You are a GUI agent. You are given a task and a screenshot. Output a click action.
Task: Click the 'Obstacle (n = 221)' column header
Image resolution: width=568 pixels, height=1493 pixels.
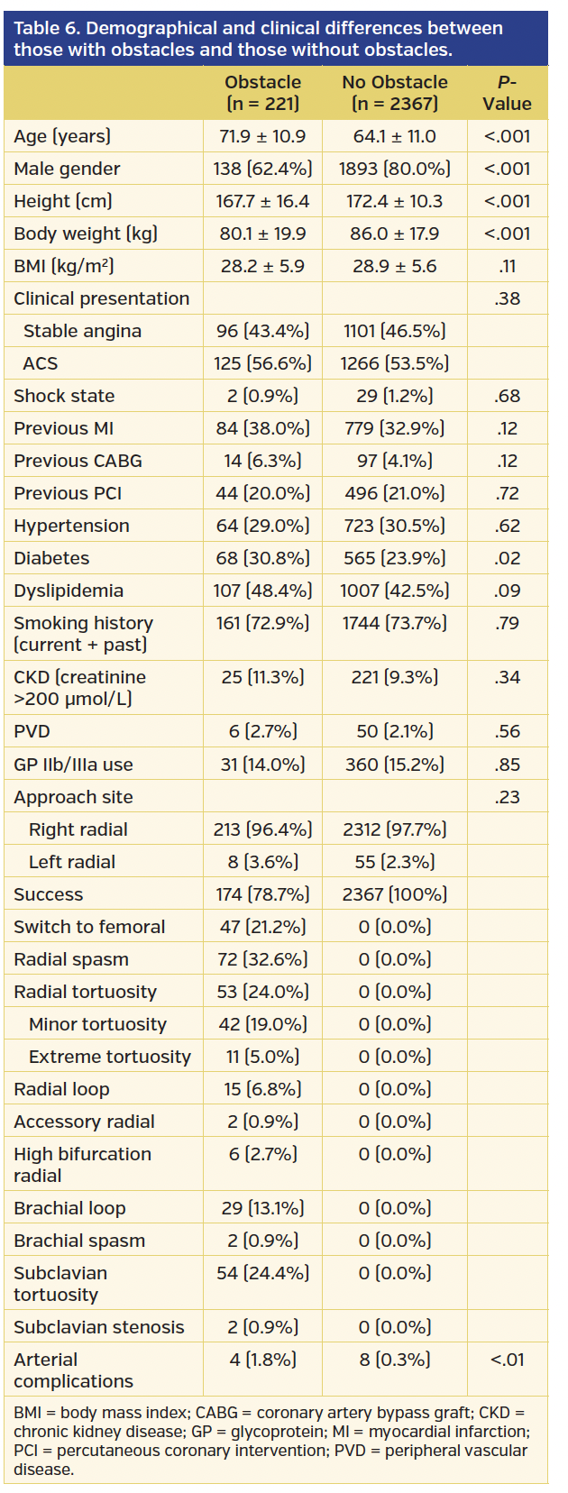point(262,93)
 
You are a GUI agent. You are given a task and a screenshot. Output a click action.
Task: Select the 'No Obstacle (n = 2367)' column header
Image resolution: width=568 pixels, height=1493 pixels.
point(394,93)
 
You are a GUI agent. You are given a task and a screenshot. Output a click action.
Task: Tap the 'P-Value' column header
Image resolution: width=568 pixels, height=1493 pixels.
point(507,93)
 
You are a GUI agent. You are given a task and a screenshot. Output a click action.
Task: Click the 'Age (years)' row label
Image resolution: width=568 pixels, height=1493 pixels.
point(62,136)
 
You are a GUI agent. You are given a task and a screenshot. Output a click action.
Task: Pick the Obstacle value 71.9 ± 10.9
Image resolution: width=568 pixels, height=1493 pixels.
point(262,136)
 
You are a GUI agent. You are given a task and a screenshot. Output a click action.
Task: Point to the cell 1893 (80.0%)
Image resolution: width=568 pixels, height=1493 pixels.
point(394,169)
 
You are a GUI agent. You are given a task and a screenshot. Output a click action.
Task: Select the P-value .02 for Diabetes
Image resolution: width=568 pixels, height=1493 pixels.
point(507,558)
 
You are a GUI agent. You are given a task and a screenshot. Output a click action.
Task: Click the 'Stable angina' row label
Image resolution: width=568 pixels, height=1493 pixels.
point(82,331)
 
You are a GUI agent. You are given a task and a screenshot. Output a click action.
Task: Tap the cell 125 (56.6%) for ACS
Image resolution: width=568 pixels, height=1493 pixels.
point(262,363)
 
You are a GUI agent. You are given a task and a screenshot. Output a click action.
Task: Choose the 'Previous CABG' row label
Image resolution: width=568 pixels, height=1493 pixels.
point(78,461)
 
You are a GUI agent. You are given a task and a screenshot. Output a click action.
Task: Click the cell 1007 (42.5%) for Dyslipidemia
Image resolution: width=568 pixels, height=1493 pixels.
point(394,591)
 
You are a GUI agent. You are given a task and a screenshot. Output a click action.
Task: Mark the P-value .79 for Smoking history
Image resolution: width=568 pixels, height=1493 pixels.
point(507,623)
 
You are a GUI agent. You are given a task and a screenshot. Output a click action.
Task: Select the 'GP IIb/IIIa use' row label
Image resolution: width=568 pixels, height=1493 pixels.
point(73,765)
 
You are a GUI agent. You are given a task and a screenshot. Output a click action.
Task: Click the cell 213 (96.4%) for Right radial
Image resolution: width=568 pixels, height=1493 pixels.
point(262,829)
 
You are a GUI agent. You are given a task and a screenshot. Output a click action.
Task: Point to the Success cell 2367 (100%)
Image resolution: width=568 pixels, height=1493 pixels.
point(394,894)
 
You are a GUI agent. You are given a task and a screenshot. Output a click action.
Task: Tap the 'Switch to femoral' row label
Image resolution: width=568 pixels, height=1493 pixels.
point(89,927)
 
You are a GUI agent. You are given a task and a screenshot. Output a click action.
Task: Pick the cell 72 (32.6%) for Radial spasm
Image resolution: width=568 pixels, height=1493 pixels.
point(262,959)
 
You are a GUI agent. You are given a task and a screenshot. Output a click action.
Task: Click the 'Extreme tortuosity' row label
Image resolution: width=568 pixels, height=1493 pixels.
point(109,1057)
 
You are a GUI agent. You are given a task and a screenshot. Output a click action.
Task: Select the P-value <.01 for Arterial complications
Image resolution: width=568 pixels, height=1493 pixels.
point(507,1360)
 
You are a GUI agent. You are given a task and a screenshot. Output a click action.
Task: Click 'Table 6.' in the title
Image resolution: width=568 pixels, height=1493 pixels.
point(47,28)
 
